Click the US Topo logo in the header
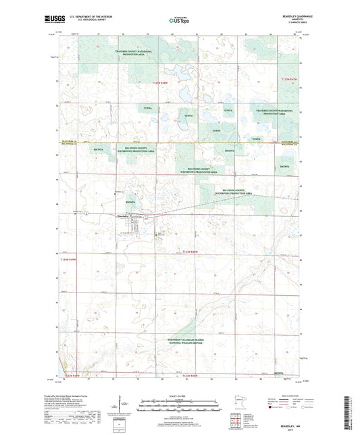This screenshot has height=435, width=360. point(179,21)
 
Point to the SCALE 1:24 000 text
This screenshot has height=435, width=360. point(180,395)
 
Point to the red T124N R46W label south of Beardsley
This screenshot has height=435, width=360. point(192,251)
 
